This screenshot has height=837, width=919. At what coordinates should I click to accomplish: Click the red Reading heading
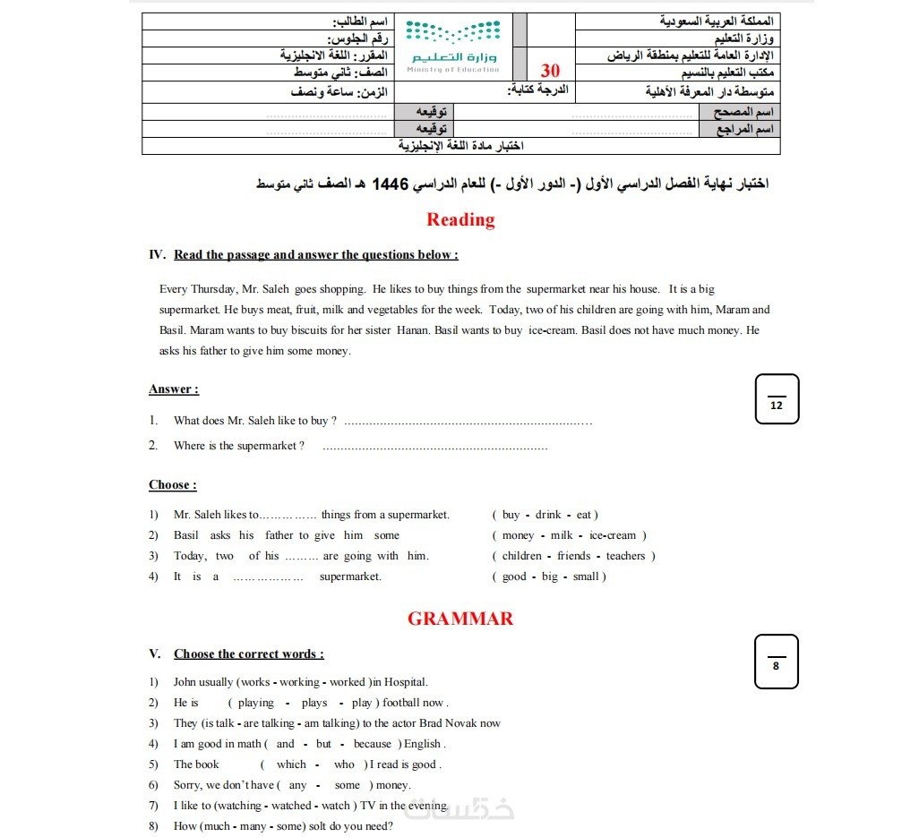(460, 220)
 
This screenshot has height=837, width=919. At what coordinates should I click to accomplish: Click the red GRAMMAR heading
(460, 619)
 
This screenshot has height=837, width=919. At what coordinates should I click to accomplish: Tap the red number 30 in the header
(551, 71)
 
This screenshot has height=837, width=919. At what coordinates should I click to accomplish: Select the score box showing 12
(777, 398)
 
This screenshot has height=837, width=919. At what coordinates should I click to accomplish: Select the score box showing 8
(776, 662)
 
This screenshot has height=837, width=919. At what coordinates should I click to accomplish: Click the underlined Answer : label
(173, 389)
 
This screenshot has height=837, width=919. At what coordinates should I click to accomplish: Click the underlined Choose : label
(172, 485)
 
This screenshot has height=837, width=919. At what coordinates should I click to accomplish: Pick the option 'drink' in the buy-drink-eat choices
(548, 515)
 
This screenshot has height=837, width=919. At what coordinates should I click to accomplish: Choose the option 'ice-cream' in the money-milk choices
(613, 535)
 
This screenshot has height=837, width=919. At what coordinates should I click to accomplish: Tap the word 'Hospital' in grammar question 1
(404, 682)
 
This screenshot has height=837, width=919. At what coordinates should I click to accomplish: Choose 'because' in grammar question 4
(373, 744)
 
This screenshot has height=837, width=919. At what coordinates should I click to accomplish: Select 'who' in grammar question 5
(345, 764)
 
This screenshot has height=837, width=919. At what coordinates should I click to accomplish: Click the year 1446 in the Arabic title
(391, 184)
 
